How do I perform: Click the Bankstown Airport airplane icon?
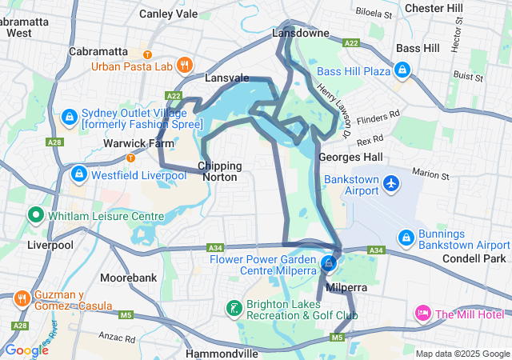pyautogui.click(x=391, y=183)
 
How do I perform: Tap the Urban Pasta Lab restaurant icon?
pyautogui.click(x=185, y=66)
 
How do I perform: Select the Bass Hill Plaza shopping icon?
pyautogui.click(x=403, y=72)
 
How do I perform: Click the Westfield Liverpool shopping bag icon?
pyautogui.click(x=78, y=174)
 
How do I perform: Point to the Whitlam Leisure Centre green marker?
pyautogui.click(x=36, y=215)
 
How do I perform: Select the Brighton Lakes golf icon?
pyautogui.click(x=233, y=309)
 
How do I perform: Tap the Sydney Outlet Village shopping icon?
pyautogui.click(x=70, y=118)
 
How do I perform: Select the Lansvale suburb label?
pyautogui.click(x=227, y=78)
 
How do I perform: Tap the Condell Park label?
pyautogui.click(x=474, y=259)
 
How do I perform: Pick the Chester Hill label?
pyautogui.click(x=434, y=8)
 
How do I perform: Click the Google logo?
pyautogui.click(x=26, y=350)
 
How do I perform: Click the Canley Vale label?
pyautogui.click(x=168, y=14)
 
